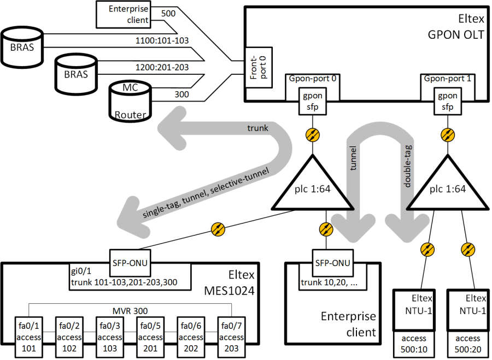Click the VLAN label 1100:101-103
[x=162, y=40]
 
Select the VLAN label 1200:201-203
[x=162, y=67]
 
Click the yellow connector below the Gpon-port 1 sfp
[x=448, y=134]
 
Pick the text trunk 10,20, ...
[x=326, y=284]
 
